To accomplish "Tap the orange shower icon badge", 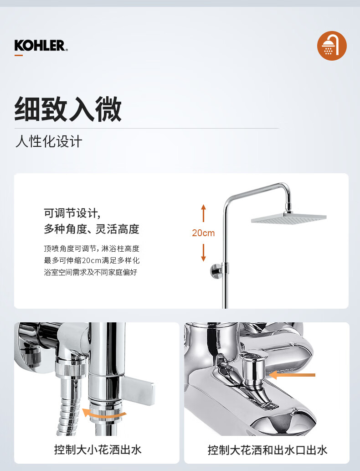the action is [x=332, y=46].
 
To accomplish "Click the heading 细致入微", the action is [x=68, y=109].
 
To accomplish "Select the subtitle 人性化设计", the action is [x=49, y=141].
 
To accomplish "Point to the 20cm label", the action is [x=203, y=233].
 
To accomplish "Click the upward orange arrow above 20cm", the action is [x=203, y=213].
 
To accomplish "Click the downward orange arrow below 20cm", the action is [x=203, y=253].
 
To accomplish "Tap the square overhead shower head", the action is [x=289, y=218].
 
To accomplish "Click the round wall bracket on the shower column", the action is [x=216, y=271].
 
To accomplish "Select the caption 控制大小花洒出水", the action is [x=98, y=450].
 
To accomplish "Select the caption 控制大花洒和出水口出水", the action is [x=267, y=450].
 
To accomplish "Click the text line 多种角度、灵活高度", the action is [x=92, y=229].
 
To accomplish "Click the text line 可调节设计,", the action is [x=72, y=213].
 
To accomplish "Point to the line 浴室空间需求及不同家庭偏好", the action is [x=90, y=272].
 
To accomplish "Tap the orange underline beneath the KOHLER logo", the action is [x=19, y=55].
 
